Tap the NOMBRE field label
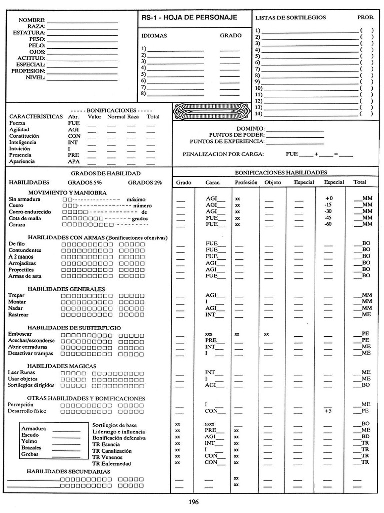pyautogui.click(x=32, y=20)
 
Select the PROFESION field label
pyautogui.click(x=28, y=71)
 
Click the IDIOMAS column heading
pyautogui.click(x=154, y=36)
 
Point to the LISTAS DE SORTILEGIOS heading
pyautogui.click(x=290, y=17)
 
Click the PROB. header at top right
pyautogui.click(x=365, y=17)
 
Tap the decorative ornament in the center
pyautogui.click(x=210, y=110)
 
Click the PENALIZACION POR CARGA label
pyautogui.click(x=223, y=154)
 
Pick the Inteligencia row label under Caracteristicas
pyautogui.click(x=23, y=142)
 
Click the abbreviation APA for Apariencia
pyautogui.click(x=73, y=162)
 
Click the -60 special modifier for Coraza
pyautogui.click(x=328, y=224)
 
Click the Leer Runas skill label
pyautogui.click(x=21, y=372)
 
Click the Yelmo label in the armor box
pyautogui.click(x=29, y=441)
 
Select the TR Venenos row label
pyautogui.click(x=107, y=457)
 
